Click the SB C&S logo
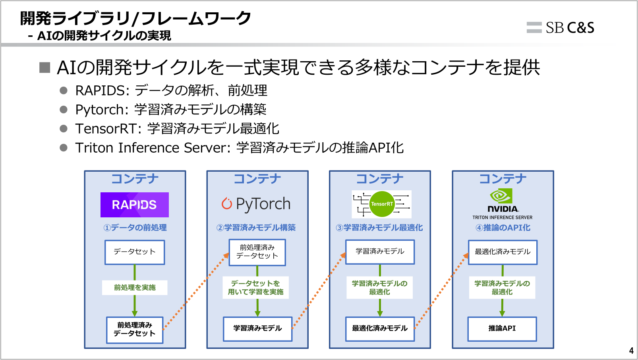click(561, 27)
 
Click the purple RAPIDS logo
click(134, 205)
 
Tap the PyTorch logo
click(256, 204)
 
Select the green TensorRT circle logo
click(381, 204)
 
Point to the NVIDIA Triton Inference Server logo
click(502, 204)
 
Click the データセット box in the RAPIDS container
click(134, 252)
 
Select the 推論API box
click(502, 329)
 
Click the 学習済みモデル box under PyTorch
click(257, 329)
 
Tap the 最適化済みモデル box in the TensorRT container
click(379, 329)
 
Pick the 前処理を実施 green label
click(135, 287)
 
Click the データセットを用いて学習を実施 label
click(255, 287)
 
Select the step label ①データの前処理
click(135, 228)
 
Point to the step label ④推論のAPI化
click(503, 228)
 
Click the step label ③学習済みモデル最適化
click(379, 228)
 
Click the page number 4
click(631, 351)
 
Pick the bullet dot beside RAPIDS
click(64, 91)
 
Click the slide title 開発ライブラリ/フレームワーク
click(135, 18)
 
